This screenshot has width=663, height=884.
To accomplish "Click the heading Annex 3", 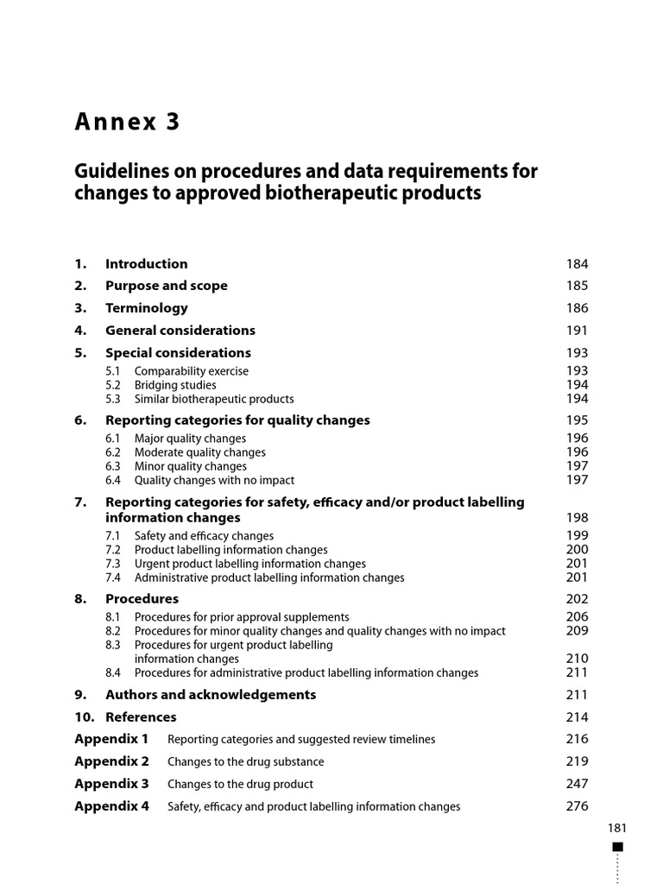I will coord(128,123).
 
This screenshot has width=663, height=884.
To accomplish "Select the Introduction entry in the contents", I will coord(146,264).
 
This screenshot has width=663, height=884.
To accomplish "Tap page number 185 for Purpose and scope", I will coord(577,286).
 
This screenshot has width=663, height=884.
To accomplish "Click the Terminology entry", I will coord(146,308).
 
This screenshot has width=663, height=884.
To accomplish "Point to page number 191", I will coord(577,331).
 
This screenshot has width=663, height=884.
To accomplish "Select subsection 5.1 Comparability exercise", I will coord(191,371).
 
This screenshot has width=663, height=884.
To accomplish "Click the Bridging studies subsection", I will coord(175,385).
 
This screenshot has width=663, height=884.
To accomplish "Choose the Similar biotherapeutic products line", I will coord(213,399).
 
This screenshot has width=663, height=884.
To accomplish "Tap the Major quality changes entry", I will coord(190,439).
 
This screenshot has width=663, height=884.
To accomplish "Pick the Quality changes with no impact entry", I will coord(214,480).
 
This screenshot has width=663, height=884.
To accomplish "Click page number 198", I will coord(577,518).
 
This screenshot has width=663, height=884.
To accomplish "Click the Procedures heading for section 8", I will coord(142,599).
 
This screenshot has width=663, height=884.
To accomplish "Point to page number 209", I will coord(577,631).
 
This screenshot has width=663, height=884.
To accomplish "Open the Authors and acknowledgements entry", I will coord(211,695).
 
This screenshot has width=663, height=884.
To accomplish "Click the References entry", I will coord(141,717).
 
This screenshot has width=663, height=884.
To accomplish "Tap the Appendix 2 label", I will coord(111,761).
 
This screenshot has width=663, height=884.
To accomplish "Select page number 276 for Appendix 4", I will coord(577,806).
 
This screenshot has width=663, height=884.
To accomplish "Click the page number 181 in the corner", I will coord(616,828).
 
